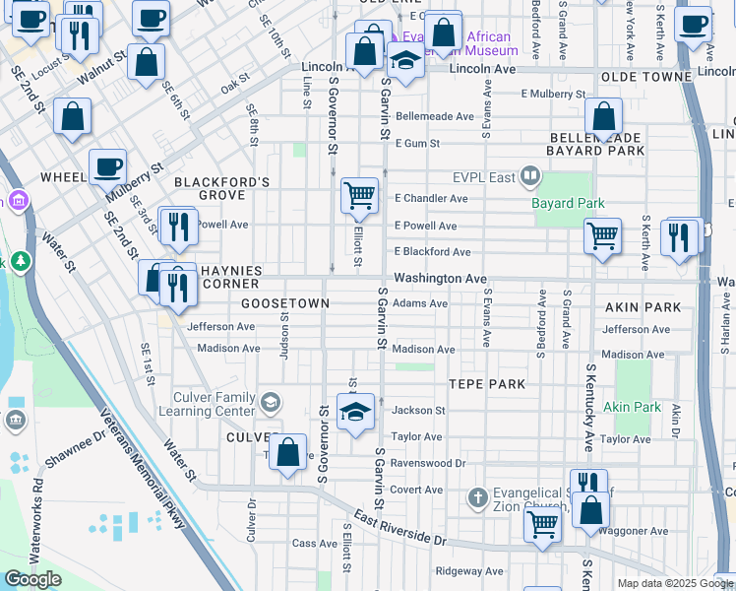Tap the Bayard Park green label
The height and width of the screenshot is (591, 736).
568,203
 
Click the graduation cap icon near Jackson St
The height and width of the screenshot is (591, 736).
355,411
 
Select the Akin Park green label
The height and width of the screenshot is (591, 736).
632,407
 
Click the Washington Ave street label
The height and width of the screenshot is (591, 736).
440,279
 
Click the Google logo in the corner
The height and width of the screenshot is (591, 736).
32,579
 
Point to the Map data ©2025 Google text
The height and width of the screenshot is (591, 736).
675,583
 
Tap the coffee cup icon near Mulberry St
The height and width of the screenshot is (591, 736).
108,166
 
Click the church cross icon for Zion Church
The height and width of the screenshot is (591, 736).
478,495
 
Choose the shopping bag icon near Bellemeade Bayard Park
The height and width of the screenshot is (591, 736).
603,116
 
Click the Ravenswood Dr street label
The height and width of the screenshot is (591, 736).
427,462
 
